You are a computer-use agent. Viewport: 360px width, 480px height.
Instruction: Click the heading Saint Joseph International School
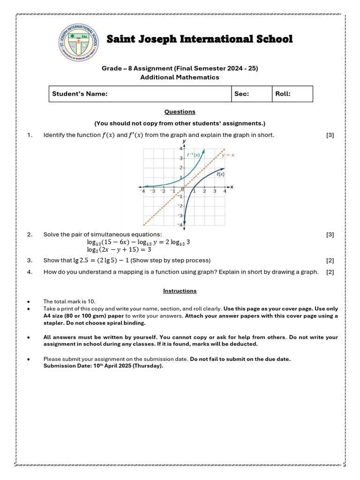pos(200,39)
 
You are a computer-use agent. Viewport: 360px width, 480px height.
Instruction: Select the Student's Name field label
pos(80,94)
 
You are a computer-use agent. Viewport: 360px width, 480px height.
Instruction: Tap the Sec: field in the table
pos(241,94)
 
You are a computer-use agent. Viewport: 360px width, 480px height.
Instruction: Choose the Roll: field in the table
pos(283,94)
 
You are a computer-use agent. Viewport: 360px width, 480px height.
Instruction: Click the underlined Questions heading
pos(180,112)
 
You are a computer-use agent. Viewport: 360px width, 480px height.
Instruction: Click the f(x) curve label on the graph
pos(220,174)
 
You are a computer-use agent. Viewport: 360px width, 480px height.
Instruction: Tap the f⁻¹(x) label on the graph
pos(194,154)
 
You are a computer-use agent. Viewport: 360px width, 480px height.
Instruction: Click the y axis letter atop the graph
pos(184,141)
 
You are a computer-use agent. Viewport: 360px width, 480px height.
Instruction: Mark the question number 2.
pos(30,234)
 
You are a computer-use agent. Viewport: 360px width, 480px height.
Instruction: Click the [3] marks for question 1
pos(330,135)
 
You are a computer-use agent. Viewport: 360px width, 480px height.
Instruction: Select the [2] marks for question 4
pos(330,272)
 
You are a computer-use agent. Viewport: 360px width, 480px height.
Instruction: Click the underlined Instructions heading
pos(180,291)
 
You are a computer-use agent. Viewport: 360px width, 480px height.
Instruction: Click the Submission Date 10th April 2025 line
pos(103,366)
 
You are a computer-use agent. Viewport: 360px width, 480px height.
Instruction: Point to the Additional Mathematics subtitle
pos(180,77)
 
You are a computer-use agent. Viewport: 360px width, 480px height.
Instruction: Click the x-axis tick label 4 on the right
pos(225,191)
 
